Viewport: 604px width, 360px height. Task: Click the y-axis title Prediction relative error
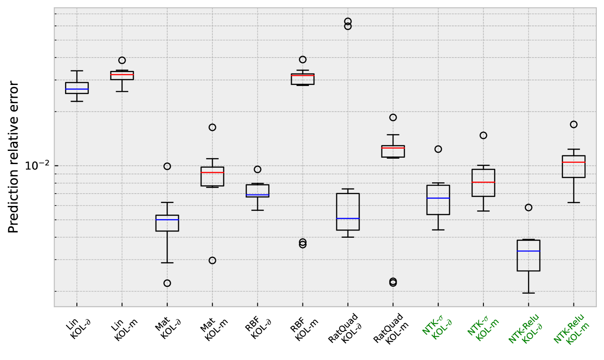click(x=14, y=157)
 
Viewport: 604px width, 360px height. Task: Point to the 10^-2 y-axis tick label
click(x=36, y=166)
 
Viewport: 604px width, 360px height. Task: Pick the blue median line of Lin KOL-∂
click(x=77, y=89)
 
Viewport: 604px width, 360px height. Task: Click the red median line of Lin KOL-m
click(x=122, y=75)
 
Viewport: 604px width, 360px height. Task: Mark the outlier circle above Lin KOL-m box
click(x=122, y=60)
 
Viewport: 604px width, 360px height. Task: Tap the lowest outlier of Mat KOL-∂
click(x=167, y=283)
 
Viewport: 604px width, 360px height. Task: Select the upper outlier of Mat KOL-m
click(x=212, y=127)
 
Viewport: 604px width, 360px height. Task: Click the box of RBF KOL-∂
click(x=257, y=190)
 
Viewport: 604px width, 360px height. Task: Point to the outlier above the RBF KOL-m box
click(x=302, y=60)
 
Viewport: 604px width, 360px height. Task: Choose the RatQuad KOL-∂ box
click(x=348, y=211)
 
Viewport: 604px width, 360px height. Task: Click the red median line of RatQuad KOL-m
click(x=393, y=148)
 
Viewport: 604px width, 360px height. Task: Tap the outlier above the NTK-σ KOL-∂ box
click(x=438, y=149)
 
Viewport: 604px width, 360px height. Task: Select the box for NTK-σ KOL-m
click(x=483, y=183)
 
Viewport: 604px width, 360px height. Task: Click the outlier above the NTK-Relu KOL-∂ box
click(x=528, y=208)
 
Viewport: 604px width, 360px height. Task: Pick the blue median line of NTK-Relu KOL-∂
click(x=528, y=251)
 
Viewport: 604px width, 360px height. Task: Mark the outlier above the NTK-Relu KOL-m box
click(x=574, y=125)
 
